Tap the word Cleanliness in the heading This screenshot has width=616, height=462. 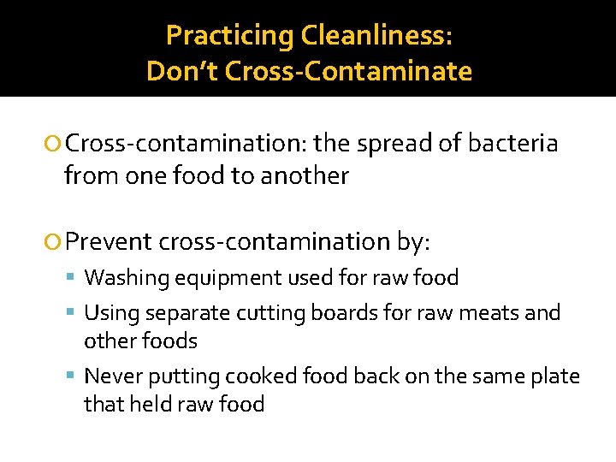[x=374, y=35]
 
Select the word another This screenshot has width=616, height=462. [x=305, y=176]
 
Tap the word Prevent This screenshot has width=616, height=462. [x=108, y=242]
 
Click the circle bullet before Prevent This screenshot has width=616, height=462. [x=56, y=243]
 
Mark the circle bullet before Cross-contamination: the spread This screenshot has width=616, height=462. [x=56, y=144]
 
